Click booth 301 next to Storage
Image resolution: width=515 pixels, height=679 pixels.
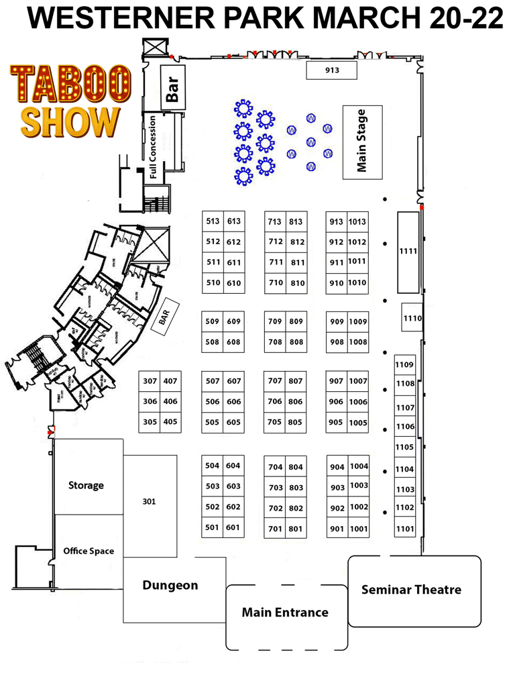(150, 501)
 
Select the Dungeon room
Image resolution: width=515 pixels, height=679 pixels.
(170, 585)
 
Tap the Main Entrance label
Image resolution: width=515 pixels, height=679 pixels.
(285, 612)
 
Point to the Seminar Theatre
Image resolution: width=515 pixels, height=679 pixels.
(411, 590)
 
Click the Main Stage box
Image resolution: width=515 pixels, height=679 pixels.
(362, 141)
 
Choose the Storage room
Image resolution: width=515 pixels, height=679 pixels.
(87, 484)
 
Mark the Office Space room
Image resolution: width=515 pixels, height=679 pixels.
(89, 551)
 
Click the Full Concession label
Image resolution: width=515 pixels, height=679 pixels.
(154, 147)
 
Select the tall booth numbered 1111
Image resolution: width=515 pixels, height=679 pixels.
(408, 252)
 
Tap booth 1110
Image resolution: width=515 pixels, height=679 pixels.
(412, 318)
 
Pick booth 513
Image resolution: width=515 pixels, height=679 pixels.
(213, 221)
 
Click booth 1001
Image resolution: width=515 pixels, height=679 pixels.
(359, 529)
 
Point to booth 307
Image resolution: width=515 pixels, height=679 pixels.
(150, 381)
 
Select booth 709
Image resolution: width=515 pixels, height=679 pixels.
(275, 321)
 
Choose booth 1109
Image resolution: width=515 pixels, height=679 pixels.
(404, 364)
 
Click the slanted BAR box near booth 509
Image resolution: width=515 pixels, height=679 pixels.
(164, 319)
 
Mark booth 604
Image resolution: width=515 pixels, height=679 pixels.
(233, 466)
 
